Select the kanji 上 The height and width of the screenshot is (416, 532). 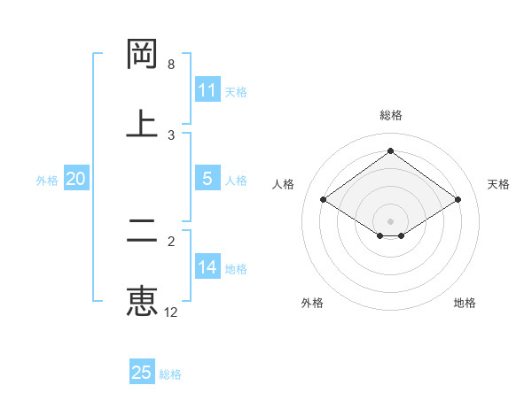(x=142, y=122)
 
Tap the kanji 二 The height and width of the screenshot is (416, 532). (x=142, y=232)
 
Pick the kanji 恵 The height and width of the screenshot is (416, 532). (x=142, y=301)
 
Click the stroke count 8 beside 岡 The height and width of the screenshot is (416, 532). (x=171, y=65)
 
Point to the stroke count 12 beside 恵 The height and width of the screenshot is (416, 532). (x=171, y=312)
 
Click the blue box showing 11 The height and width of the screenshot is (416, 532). (x=207, y=90)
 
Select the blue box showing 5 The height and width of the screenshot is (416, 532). (x=207, y=179)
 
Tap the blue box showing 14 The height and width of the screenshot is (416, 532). (x=207, y=267)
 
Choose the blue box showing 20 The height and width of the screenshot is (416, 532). (x=75, y=179)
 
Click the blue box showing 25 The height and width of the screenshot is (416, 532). (x=142, y=373)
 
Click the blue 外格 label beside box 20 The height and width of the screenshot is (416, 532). (x=47, y=181)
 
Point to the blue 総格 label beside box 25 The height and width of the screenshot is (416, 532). (x=170, y=374)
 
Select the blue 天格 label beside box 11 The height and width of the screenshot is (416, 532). (x=236, y=92)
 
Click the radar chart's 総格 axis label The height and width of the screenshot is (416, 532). (x=391, y=115)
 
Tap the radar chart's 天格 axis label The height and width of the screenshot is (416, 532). (x=499, y=184)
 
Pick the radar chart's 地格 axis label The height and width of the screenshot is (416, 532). (x=465, y=303)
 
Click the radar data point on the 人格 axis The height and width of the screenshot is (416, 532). (x=324, y=200)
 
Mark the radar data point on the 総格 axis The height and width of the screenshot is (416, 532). (x=391, y=151)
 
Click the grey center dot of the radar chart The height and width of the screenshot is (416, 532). (x=391, y=220)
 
